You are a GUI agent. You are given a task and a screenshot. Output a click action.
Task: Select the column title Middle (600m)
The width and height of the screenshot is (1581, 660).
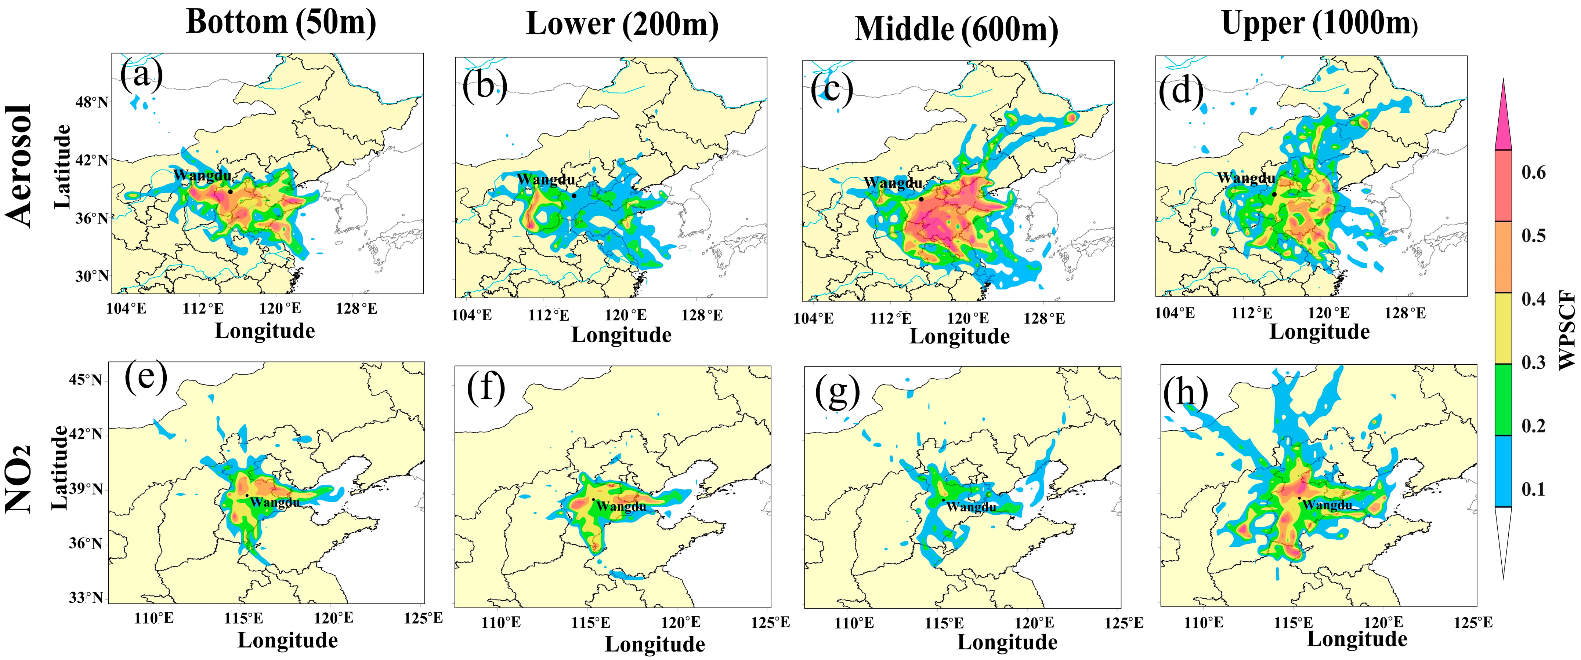point(956,29)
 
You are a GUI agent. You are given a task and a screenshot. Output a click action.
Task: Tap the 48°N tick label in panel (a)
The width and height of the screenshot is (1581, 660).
point(92,102)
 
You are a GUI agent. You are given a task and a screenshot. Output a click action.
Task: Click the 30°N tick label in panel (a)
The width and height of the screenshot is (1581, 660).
point(92,276)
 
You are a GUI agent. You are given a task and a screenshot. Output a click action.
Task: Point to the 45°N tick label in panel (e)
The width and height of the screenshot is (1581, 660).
point(85,380)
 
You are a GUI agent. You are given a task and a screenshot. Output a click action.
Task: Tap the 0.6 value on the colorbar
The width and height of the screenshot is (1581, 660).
point(1533,173)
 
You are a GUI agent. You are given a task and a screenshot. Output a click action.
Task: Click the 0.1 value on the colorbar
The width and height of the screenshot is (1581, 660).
point(1533,489)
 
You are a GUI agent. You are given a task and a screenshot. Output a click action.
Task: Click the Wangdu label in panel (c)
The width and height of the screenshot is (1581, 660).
point(893,183)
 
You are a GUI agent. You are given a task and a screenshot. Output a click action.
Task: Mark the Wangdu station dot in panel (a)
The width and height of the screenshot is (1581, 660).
point(230,192)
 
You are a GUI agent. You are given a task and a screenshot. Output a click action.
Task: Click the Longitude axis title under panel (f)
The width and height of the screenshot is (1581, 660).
point(655,644)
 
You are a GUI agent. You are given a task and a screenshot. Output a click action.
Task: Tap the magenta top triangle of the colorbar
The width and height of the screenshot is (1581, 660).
point(1503,123)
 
